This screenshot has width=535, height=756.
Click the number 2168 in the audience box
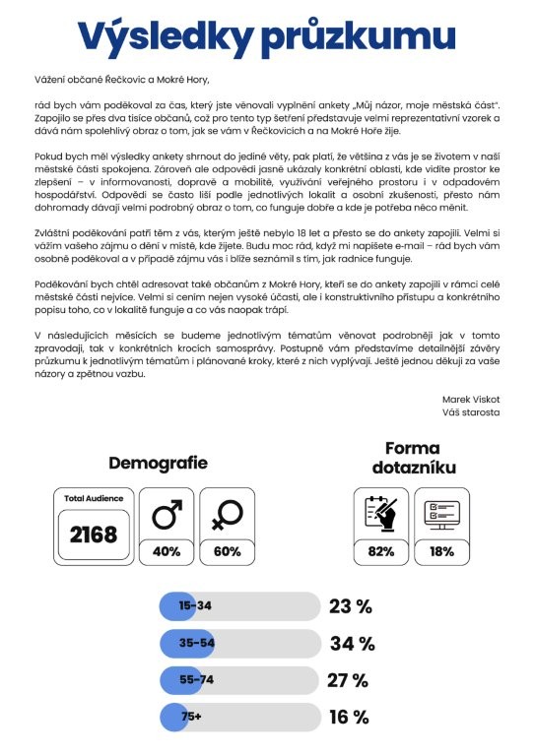point(93,535)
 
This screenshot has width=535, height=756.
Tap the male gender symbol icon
point(167,515)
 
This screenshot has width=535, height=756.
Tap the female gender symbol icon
point(227,515)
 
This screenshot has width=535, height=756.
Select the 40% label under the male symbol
point(167,552)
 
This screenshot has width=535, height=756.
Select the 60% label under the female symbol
point(227,552)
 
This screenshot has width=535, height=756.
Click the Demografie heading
point(158,462)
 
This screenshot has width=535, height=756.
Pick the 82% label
point(380,552)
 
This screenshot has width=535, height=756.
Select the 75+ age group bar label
point(190,717)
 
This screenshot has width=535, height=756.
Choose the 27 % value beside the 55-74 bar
point(348,680)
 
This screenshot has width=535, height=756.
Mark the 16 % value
point(349,717)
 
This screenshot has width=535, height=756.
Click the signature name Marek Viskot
point(473,399)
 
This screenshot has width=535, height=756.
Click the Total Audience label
point(93,499)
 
